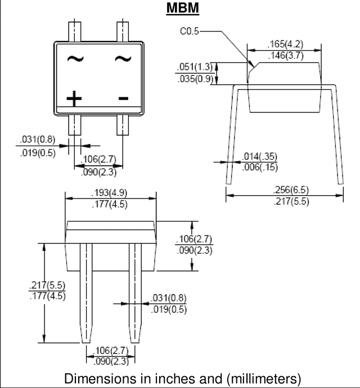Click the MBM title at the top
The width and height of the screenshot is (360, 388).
pyautogui.click(x=183, y=8)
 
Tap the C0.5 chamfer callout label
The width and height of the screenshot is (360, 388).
pyautogui.click(x=190, y=31)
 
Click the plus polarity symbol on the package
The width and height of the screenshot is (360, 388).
pyautogui.click(x=74, y=98)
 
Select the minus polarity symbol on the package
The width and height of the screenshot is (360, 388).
pyautogui.click(x=123, y=98)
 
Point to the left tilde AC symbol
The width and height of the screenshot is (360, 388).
pyautogui.click(x=75, y=58)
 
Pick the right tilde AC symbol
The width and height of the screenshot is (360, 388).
pyautogui.click(x=123, y=58)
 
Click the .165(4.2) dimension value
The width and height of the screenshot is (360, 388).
pyautogui.click(x=285, y=44)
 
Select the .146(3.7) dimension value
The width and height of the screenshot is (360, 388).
pyautogui.click(x=286, y=56)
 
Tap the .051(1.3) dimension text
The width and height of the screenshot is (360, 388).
pyautogui.click(x=195, y=67)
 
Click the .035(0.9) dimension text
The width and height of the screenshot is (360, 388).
pyautogui.click(x=195, y=79)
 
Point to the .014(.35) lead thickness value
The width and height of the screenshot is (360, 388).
pyautogui.click(x=259, y=156)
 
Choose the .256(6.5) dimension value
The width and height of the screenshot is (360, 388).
pyautogui.click(x=291, y=190)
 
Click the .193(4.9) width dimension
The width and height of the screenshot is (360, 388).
pyautogui.click(x=109, y=192)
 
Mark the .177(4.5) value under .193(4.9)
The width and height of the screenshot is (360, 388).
pyautogui.click(x=110, y=204)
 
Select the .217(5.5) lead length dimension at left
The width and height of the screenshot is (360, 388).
pyautogui.click(x=47, y=285)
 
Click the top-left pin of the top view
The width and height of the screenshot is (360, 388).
pyautogui.click(x=74, y=31)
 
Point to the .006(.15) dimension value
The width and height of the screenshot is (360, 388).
pyautogui.click(x=260, y=167)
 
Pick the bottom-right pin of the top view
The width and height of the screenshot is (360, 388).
pyautogui.click(x=123, y=125)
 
